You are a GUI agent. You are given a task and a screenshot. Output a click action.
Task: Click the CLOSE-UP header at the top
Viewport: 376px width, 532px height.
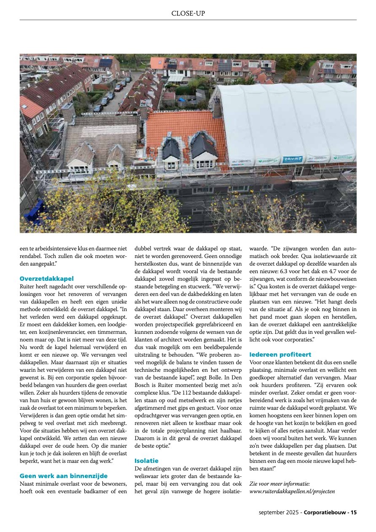tap(188, 13)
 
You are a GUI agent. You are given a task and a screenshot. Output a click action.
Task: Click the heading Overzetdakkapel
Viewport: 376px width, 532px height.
tap(47, 279)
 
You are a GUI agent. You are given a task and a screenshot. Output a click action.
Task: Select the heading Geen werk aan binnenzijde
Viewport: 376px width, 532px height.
tap(64, 476)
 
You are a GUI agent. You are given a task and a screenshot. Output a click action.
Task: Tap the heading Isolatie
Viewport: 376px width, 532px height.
tap(146, 461)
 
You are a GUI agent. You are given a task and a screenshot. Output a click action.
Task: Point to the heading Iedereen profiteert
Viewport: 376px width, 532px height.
tap(280, 355)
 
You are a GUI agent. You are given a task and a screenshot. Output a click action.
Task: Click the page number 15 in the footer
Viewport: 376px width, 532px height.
tap(353, 512)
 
